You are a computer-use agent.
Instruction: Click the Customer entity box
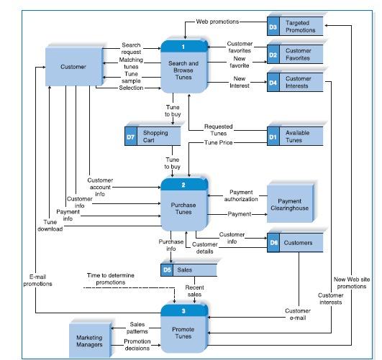(x=73, y=67)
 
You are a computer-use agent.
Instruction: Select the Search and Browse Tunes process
(x=183, y=68)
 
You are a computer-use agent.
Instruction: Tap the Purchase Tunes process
(x=183, y=208)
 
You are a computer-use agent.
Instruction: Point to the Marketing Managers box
(x=88, y=341)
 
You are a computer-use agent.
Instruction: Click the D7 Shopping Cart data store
(x=155, y=137)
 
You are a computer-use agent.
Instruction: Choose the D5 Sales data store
(x=188, y=270)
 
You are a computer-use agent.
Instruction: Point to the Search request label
(x=131, y=49)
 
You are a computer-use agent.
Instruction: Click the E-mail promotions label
(x=37, y=280)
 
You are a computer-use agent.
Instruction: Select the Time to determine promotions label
(x=115, y=279)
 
